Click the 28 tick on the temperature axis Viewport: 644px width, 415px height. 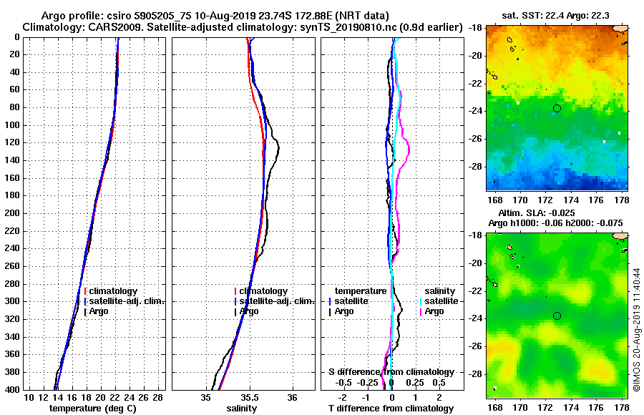click(158, 397)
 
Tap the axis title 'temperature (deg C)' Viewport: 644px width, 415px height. click(93, 409)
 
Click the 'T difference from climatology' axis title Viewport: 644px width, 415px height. click(391, 409)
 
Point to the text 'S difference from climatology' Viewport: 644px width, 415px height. click(391, 372)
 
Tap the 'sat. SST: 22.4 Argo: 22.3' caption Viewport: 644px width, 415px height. click(557, 16)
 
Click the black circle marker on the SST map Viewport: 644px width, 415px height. click(557, 108)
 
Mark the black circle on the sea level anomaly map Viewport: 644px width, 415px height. click(557, 316)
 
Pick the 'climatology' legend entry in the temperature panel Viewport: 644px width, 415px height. click(113, 292)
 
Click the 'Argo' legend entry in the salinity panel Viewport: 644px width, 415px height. click(250, 312)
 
